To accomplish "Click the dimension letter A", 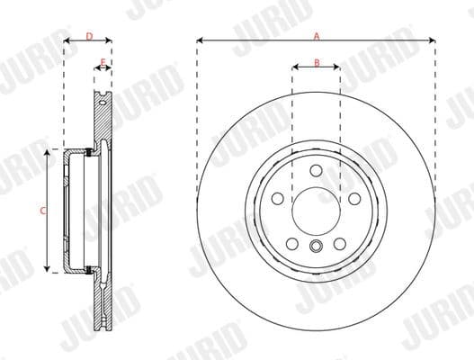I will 316,36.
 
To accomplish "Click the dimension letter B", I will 316,62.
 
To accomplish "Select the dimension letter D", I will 88,36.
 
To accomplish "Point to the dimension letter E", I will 103,62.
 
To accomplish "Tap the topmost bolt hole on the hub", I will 316,170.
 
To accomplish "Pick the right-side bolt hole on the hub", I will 353,198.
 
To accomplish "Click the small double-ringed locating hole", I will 316,248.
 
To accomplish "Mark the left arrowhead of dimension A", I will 200,41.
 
